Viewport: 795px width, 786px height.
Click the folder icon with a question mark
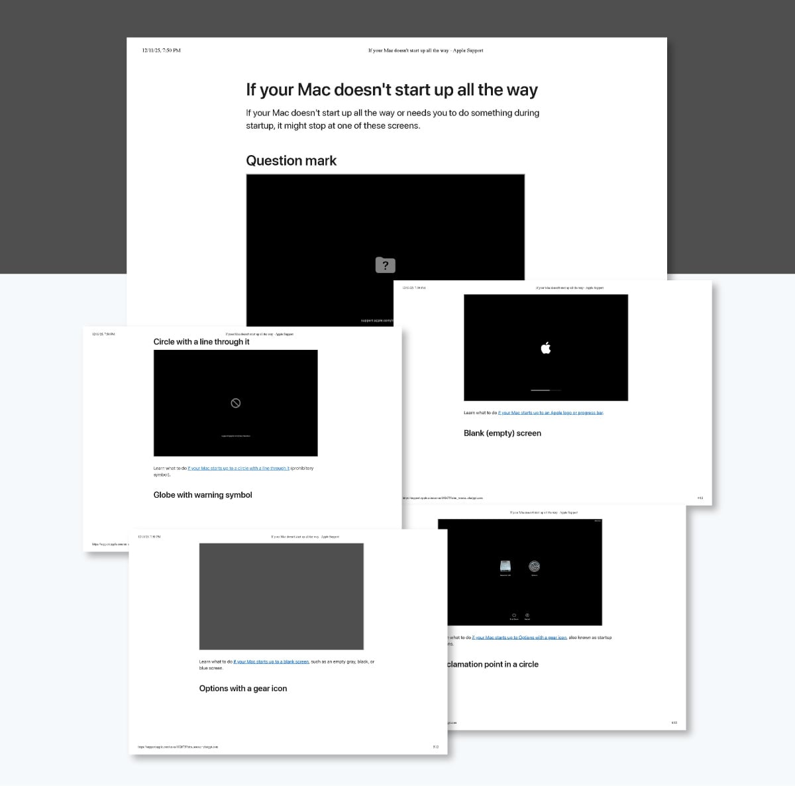click(385, 265)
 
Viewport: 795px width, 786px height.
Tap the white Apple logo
click(546, 348)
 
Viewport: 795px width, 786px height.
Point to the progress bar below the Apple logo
click(546, 390)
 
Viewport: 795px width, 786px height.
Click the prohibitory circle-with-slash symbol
click(235, 403)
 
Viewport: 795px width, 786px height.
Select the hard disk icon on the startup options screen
click(505, 566)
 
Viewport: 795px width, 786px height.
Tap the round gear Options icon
click(534, 566)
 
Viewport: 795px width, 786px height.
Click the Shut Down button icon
click(514, 616)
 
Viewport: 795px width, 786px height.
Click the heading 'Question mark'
click(291, 160)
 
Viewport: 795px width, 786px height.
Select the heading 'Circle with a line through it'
click(201, 342)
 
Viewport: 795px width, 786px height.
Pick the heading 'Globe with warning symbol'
click(203, 495)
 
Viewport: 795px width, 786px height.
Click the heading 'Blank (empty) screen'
click(502, 433)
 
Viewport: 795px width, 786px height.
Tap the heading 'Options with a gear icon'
click(243, 689)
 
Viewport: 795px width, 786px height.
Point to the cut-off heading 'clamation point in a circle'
click(492, 664)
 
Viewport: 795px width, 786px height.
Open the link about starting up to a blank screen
click(272, 661)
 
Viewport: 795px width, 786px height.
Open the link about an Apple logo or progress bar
click(551, 413)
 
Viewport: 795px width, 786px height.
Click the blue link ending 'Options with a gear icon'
click(519, 638)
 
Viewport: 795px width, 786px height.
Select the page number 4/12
click(700, 498)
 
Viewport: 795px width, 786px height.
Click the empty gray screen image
click(281, 596)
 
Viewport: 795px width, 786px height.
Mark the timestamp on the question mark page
click(161, 50)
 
